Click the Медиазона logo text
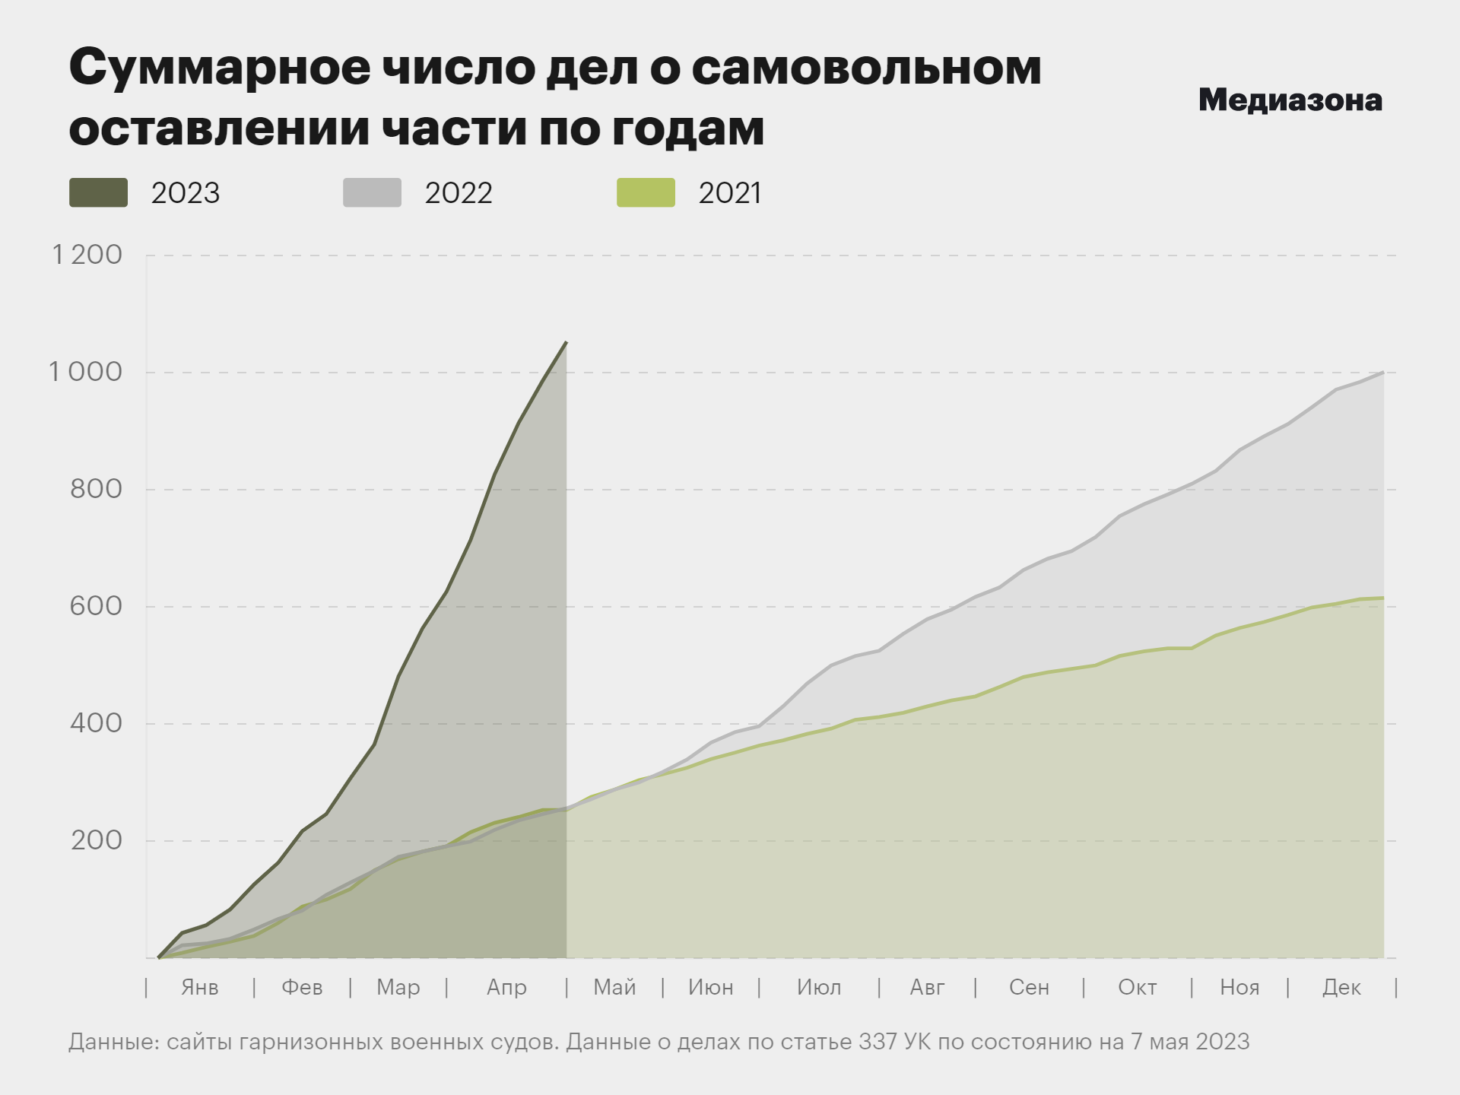pos(1290,100)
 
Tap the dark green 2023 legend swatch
pos(98,192)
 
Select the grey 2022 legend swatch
pos(372,192)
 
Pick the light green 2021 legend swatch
pos(646,192)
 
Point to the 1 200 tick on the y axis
pos(87,255)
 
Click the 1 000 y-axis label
pos(85,372)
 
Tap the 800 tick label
pos(96,489)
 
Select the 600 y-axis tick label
pos(96,606)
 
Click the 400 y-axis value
pos(96,723)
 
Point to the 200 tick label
pos(96,840)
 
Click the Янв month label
pos(200,988)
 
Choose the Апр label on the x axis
pos(506,988)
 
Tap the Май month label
pos(614,988)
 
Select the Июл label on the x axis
pos(819,988)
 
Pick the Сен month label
pos(1029,988)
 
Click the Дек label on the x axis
pos(1341,988)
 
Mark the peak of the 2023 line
pos(566,343)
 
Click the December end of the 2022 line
pos(1382,373)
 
